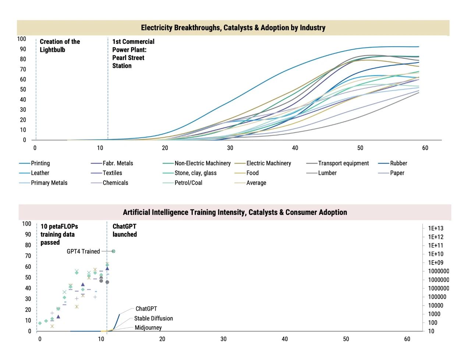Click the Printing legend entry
40,163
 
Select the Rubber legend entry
399,163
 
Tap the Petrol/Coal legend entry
188,183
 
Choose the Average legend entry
256,183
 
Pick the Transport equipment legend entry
343,163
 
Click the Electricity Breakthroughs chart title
233,28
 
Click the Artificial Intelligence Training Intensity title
235,212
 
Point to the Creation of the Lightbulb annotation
60,46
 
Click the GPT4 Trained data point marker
113,251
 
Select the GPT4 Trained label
83,251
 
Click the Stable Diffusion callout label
153,318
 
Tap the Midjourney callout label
148,328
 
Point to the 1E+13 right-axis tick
436,228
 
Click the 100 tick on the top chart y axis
22,39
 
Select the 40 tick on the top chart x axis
295,148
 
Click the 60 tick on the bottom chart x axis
407,339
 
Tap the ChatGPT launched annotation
124,230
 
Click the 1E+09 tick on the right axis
436,262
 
